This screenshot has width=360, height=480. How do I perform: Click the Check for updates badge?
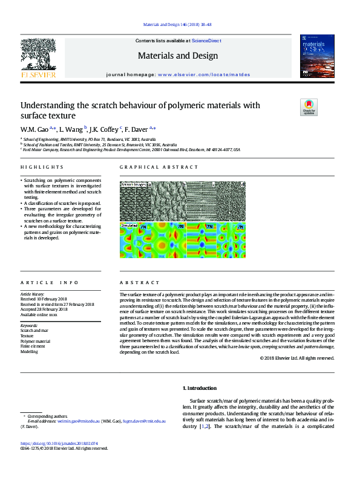pos(309,107)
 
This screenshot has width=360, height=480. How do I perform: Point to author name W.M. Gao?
pos(34,129)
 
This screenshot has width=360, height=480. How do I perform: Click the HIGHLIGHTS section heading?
pos(42,167)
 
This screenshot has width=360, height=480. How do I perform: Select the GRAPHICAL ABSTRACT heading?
pos(159,167)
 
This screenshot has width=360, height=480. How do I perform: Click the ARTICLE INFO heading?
pos(50,282)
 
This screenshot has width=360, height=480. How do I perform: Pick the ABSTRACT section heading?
pos(140,282)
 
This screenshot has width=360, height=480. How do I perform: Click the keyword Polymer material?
pos(36,341)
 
